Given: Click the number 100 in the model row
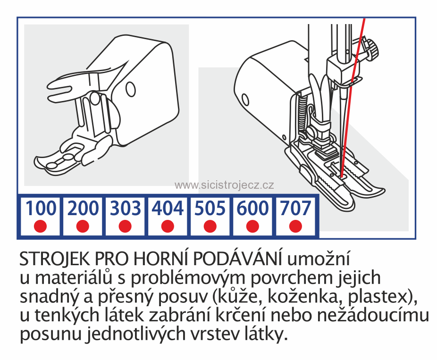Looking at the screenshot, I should click(x=40, y=208).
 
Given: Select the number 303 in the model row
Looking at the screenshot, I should click(x=125, y=208).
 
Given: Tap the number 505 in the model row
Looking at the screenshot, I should click(x=210, y=208).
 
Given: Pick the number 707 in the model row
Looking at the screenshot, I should click(x=295, y=208).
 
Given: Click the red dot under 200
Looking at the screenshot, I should click(x=83, y=226).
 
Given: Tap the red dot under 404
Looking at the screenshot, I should click(x=168, y=226).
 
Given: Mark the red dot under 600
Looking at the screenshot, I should click(x=253, y=226).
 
